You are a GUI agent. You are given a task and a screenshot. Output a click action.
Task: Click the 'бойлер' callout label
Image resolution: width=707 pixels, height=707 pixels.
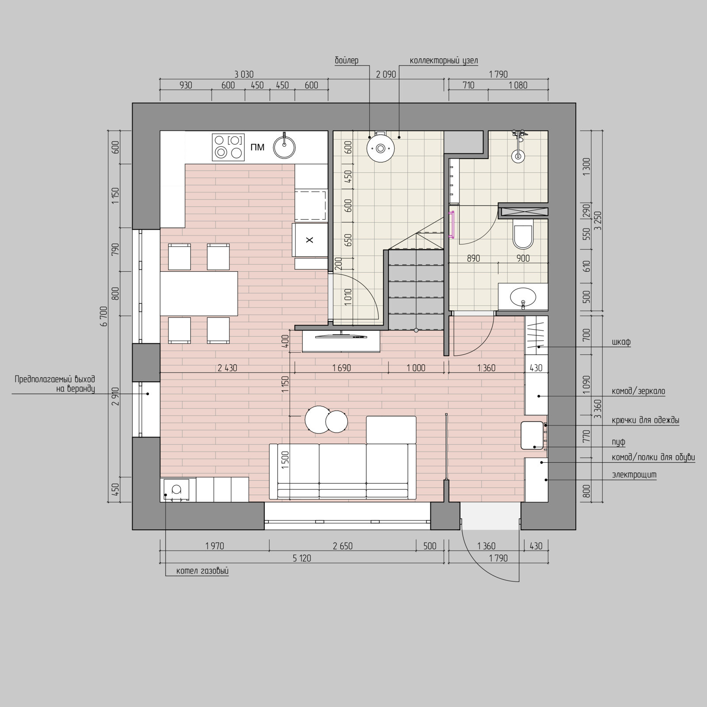[x=346, y=61]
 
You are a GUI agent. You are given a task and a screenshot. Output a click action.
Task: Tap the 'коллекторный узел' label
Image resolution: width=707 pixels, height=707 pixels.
[x=444, y=61]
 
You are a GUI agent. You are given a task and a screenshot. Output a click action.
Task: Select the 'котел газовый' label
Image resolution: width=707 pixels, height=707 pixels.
[x=202, y=571]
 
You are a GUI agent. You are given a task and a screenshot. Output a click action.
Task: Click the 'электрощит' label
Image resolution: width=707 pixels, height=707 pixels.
[x=634, y=475]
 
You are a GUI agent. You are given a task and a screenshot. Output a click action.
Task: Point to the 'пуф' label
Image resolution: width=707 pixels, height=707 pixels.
[x=619, y=442]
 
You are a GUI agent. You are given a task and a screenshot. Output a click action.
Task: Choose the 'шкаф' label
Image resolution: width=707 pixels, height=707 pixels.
[x=621, y=342]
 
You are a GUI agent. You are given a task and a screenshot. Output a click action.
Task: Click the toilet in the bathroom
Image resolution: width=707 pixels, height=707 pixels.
[x=523, y=236]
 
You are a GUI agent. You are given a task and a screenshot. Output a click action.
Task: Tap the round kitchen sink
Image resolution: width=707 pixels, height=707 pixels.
[x=284, y=147]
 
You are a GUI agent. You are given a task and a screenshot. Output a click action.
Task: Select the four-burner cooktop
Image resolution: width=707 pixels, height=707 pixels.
[x=228, y=147]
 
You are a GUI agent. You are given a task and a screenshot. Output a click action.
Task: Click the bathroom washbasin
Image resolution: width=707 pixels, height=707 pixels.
[x=523, y=296]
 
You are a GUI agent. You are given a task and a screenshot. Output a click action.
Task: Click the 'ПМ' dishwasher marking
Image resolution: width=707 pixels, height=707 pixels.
[x=257, y=147]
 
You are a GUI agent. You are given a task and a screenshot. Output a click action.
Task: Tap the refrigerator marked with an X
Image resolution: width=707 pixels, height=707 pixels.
[x=310, y=240]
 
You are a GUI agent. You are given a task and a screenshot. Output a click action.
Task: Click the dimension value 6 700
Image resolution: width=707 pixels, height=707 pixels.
[x=104, y=316]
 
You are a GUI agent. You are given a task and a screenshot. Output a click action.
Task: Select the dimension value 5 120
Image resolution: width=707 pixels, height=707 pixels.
[x=302, y=559]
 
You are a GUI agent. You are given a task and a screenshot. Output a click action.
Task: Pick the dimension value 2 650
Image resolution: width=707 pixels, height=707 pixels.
[x=343, y=546]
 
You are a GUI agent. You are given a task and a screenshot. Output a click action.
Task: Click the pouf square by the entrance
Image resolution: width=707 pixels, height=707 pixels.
[x=532, y=435]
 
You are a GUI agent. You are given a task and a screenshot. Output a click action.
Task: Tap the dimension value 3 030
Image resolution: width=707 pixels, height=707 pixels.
[x=244, y=74]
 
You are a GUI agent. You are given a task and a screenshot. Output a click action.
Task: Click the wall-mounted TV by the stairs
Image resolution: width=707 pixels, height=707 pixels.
[x=341, y=336]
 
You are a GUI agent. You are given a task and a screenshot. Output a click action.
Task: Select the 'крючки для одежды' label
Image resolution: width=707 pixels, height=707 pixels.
[x=646, y=420]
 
